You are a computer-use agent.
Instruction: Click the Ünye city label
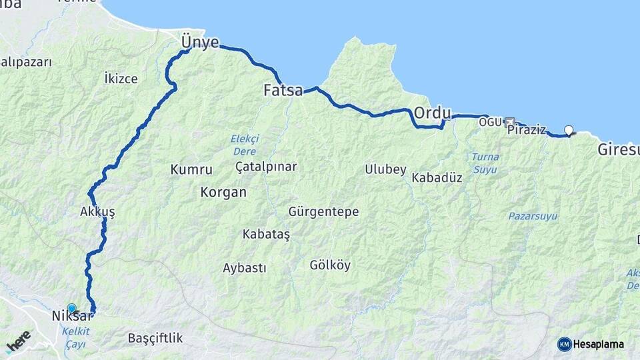coord(200,43)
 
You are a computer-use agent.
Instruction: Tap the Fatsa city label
coord(283,90)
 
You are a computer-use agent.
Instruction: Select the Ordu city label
coord(433,113)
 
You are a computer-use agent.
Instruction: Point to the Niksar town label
coord(70,317)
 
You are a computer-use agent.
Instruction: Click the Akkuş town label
coord(97,212)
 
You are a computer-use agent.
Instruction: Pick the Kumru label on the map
coord(191,170)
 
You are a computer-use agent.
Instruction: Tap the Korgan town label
coord(223,193)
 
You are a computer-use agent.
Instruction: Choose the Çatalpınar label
coord(266,167)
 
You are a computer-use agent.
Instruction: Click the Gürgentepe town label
coord(323,212)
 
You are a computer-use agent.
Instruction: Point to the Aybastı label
coord(244,268)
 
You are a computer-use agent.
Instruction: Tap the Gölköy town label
coord(330,265)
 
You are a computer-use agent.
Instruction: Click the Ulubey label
coord(385,169)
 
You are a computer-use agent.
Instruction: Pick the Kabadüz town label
coord(437,178)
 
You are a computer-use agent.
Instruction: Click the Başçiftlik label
coord(155,338)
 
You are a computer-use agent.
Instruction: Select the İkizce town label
coord(121,79)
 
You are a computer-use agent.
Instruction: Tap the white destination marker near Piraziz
coord(569,130)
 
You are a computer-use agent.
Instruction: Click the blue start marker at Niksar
coord(72,308)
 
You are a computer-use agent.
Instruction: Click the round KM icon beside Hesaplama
coord(565,344)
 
